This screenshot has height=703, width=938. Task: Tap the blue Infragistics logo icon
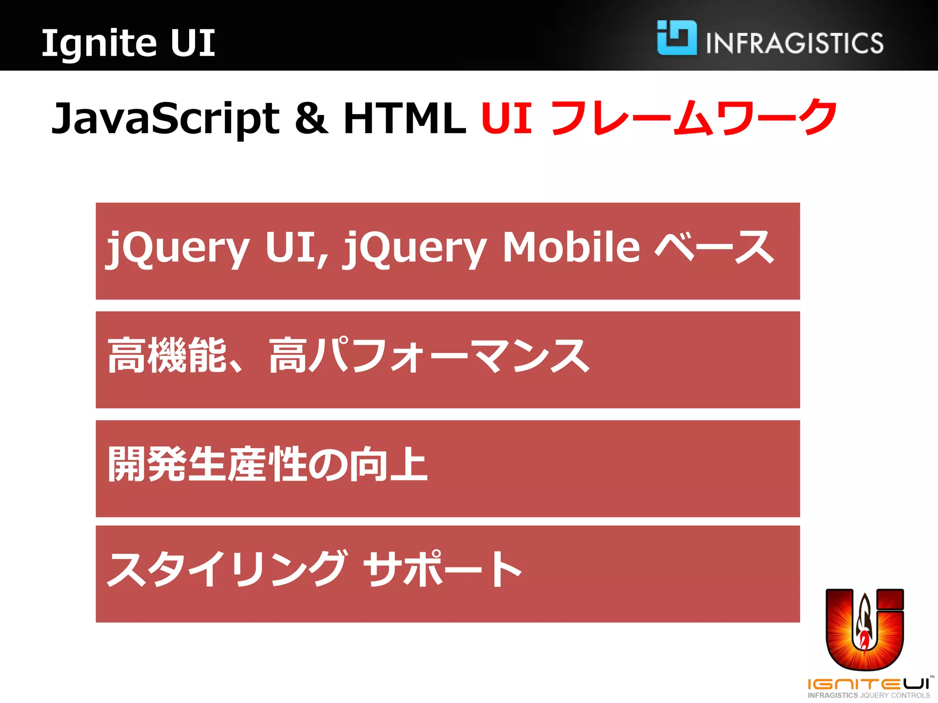click(x=676, y=38)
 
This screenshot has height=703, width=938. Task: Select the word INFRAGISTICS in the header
click(x=795, y=43)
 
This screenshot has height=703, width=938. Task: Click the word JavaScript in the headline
click(x=165, y=118)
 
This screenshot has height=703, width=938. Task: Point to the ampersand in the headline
click(x=311, y=118)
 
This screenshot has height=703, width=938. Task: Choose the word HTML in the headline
click(x=405, y=118)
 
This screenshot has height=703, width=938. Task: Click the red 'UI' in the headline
click(x=507, y=118)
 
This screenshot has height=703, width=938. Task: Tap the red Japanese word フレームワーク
click(x=693, y=118)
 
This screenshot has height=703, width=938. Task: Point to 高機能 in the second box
click(x=167, y=356)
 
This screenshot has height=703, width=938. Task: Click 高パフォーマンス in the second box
click(x=429, y=356)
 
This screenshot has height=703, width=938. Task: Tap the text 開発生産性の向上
click(x=268, y=464)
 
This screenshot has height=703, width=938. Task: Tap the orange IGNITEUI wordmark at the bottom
click(x=868, y=684)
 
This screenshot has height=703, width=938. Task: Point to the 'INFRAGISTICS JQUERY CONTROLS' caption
click(x=869, y=695)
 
